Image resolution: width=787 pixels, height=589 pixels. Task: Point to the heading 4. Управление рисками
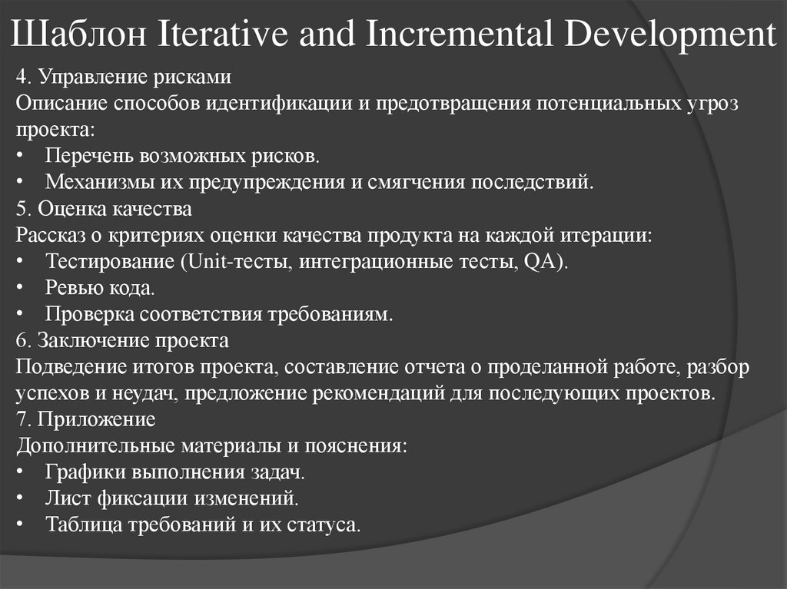(123, 77)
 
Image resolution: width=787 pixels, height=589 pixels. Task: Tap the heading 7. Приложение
(85, 419)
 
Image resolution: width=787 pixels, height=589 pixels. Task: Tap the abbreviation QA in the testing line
(540, 261)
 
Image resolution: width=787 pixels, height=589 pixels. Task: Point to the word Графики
(80, 472)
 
